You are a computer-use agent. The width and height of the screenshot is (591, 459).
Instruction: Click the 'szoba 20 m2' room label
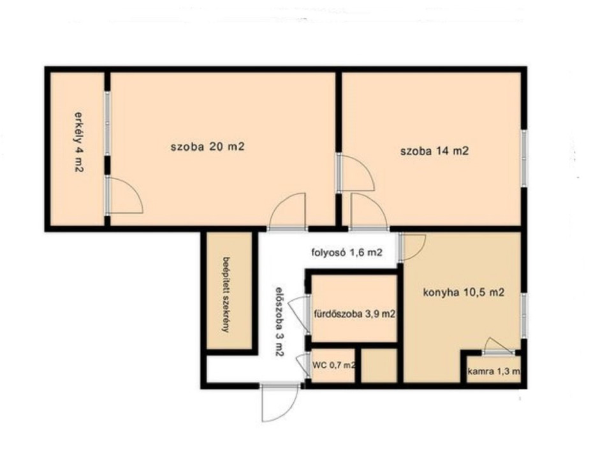coord(207,146)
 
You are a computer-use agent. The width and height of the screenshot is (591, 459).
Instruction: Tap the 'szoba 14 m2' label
coord(434,151)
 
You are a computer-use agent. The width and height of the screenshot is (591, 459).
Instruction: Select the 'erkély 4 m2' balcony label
coord(78,142)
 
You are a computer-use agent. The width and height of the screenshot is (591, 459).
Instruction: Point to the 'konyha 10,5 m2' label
coord(463,293)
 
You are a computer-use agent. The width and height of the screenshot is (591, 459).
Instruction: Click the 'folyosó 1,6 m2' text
coord(347,252)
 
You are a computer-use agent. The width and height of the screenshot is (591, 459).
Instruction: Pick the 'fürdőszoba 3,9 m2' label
coord(354,314)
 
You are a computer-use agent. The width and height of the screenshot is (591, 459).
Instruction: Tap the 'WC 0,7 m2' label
coord(334,365)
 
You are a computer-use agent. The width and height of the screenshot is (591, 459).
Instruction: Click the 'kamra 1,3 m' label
coord(493,372)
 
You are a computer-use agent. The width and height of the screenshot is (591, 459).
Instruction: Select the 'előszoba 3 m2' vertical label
coord(279,322)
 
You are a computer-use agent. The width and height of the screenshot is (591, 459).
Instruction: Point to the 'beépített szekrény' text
coord(226,295)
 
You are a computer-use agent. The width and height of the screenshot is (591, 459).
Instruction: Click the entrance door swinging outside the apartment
coord(280,403)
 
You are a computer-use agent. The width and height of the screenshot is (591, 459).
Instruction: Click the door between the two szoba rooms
coord(355,173)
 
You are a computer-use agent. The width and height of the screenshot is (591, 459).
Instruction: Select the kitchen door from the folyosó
coord(412,247)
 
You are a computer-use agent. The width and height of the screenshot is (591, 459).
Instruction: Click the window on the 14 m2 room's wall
coord(523,158)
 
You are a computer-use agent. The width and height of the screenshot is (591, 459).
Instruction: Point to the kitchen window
coord(523,315)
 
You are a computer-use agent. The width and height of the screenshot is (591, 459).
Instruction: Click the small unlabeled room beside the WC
coord(379,365)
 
